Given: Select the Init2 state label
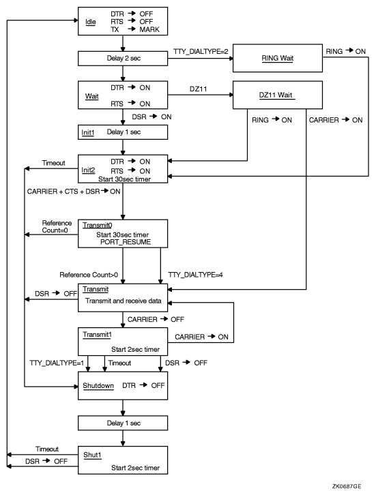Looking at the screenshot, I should click(89, 170).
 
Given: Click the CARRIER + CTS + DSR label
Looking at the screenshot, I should click(62, 192).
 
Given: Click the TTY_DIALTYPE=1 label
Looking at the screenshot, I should click(57, 363).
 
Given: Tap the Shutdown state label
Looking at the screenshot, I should click(98, 385).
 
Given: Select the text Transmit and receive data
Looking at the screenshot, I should click(128, 299).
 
